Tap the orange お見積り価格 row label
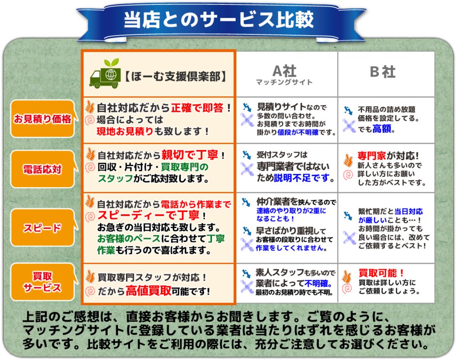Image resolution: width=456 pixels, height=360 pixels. click(43, 119)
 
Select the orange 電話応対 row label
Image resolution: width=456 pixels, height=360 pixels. click(43, 169)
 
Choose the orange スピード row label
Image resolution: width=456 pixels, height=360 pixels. click(43, 228)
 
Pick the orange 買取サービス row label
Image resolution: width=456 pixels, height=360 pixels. click(43, 282)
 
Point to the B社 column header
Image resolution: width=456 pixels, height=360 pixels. click(383, 72)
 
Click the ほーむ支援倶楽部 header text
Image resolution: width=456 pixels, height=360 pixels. click(175, 77)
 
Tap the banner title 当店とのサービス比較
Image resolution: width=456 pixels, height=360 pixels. click(219, 20)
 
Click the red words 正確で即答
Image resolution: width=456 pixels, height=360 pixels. click(197, 108)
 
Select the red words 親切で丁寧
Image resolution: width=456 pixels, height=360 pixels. click(190, 155)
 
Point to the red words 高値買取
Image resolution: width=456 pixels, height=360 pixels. click(148, 290)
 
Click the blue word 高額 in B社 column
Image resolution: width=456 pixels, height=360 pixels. click(382, 129)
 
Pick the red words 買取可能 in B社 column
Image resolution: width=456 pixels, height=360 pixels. click(378, 273)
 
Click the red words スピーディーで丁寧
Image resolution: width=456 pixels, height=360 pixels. click(148, 215)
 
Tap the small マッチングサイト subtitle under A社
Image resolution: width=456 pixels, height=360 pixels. click(284, 82)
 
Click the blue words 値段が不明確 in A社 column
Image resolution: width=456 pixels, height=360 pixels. click(298, 132)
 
